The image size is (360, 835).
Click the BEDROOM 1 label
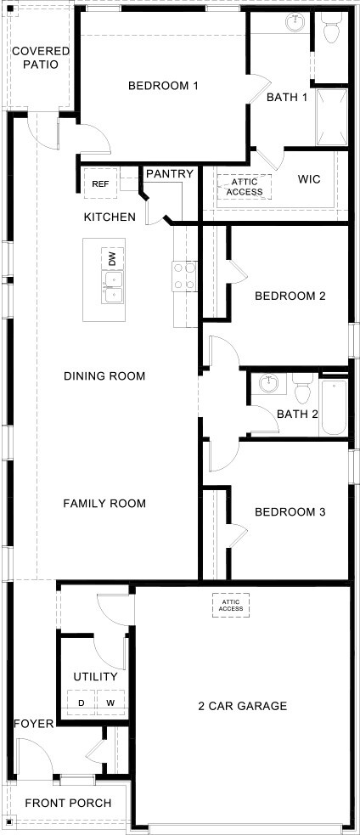pyautogui.click(x=163, y=86)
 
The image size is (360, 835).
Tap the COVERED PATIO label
pyautogui.click(x=40, y=58)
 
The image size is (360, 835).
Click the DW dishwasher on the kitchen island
pyautogui.click(x=112, y=257)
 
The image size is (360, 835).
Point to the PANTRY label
pyautogui.click(x=170, y=174)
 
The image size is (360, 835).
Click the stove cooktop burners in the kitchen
pyautogui.click(x=184, y=276)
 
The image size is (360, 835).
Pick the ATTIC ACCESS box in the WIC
pyautogui.click(x=245, y=186)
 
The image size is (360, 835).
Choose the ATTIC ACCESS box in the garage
pyautogui.click(x=231, y=605)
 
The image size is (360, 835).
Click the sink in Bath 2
pyautogui.click(x=270, y=383)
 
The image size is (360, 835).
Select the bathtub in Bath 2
pyautogui.click(x=334, y=409)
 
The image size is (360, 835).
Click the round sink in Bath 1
pyautogui.click(x=295, y=24)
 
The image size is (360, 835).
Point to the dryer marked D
pyautogui.click(x=82, y=703)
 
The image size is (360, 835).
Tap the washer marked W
pyautogui.click(x=110, y=703)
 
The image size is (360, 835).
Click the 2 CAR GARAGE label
pyautogui.click(x=243, y=706)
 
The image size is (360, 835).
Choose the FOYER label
pyautogui.click(x=34, y=724)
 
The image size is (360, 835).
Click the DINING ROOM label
pyautogui.click(x=105, y=376)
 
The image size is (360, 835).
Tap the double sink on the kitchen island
pyautogui.click(x=112, y=287)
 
